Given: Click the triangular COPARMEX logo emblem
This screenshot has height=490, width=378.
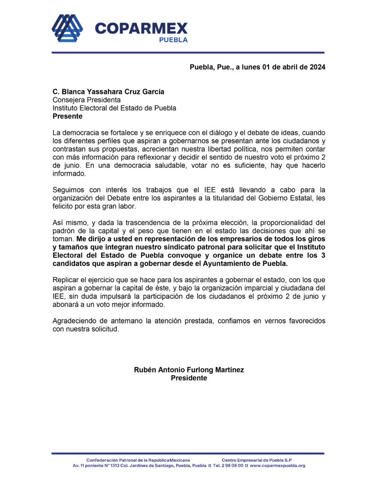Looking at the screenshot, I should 67,29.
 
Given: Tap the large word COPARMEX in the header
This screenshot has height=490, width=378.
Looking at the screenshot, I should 141,28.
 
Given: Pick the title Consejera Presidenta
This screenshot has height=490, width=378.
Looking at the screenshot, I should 86,100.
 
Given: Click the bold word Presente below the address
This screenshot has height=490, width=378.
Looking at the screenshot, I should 67,116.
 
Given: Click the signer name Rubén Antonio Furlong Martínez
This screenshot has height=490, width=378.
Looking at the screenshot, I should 189,370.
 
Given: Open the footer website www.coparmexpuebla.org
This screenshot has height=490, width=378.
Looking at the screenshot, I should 277,466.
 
